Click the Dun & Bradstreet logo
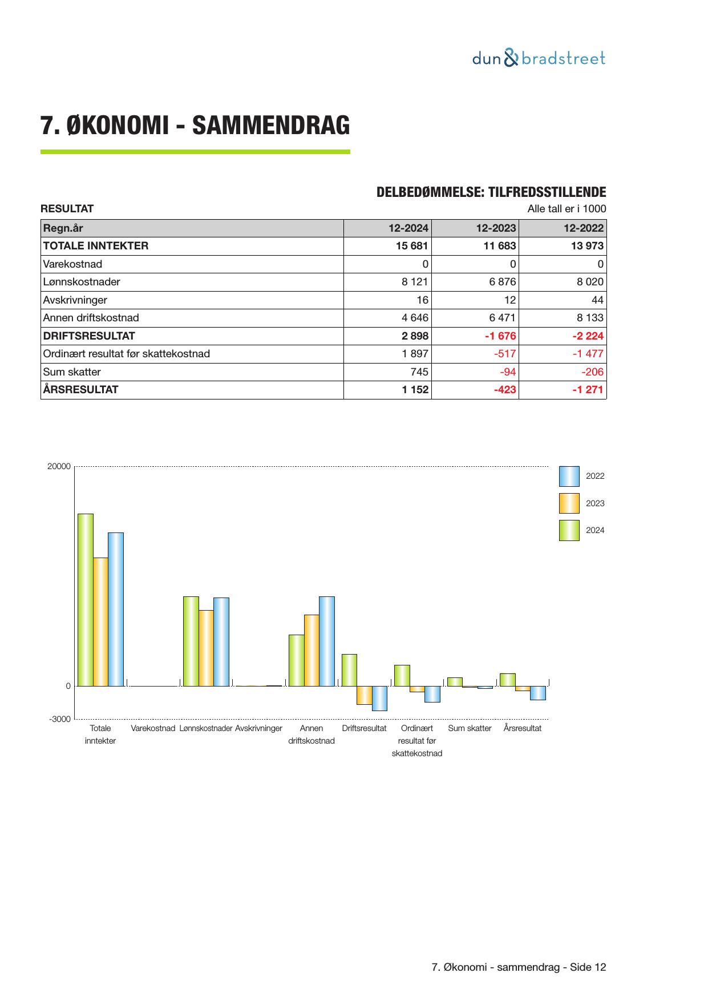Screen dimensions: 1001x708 click(539, 59)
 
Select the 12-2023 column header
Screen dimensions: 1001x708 click(496, 228)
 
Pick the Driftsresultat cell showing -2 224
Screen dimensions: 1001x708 click(588, 336)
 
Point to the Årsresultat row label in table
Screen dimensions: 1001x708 click(81, 390)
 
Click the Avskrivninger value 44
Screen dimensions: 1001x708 click(597, 300)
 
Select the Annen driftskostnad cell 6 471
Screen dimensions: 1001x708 click(502, 318)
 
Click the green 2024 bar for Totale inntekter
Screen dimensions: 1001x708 click(86, 599)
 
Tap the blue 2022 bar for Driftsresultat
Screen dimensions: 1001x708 click(379, 698)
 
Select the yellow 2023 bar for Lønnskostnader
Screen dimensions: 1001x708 click(206, 648)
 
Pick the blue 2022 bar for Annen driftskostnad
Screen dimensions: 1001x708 click(327, 641)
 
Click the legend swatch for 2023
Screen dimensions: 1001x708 click(569, 503)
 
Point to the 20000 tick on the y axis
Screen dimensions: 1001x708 click(59, 466)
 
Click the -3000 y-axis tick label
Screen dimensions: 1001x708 click(60, 719)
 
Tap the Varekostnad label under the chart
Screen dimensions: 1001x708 click(152, 729)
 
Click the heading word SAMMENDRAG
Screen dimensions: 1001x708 click(271, 126)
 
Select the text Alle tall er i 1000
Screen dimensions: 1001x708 click(567, 209)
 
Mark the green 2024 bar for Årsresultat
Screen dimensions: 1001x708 click(507, 680)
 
